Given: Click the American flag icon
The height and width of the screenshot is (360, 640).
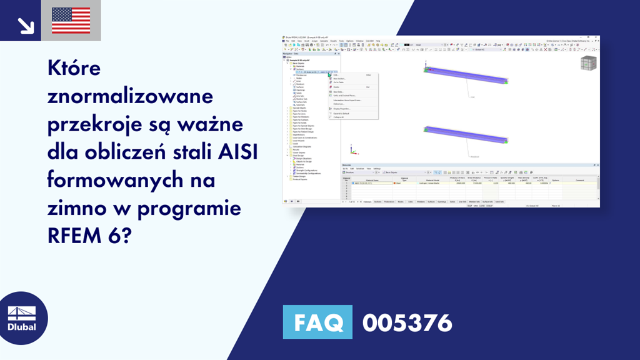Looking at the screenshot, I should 71,21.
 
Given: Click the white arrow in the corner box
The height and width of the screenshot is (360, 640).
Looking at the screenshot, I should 26,25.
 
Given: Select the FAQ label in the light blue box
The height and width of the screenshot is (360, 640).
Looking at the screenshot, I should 317,323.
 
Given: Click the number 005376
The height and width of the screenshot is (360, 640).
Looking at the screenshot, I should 407,323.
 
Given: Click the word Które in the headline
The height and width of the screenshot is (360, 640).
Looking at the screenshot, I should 74,69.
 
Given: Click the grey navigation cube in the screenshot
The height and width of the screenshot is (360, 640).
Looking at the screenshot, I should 589,64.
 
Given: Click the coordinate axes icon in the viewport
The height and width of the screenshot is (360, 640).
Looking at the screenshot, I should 354,151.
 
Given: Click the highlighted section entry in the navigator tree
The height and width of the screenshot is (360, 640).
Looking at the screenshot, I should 316,72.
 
